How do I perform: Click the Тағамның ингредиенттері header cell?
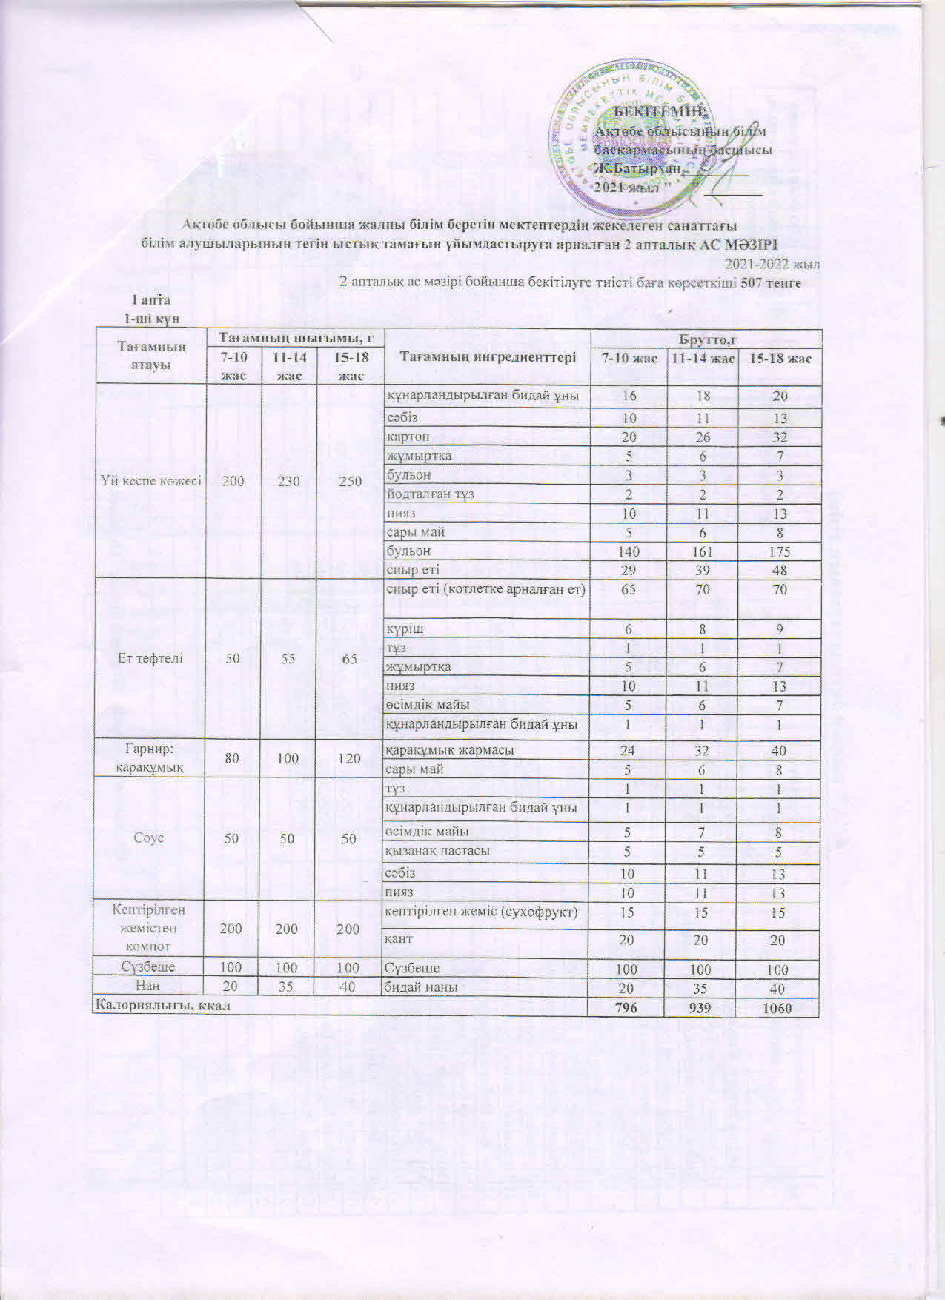point(488,357)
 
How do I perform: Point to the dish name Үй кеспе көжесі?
point(151,481)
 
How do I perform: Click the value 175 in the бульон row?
point(779,551)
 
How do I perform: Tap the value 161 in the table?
point(702,551)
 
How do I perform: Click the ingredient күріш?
point(404,629)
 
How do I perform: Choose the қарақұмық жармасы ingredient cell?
point(450,750)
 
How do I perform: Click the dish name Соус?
point(151,838)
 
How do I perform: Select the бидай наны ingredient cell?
point(420,987)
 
